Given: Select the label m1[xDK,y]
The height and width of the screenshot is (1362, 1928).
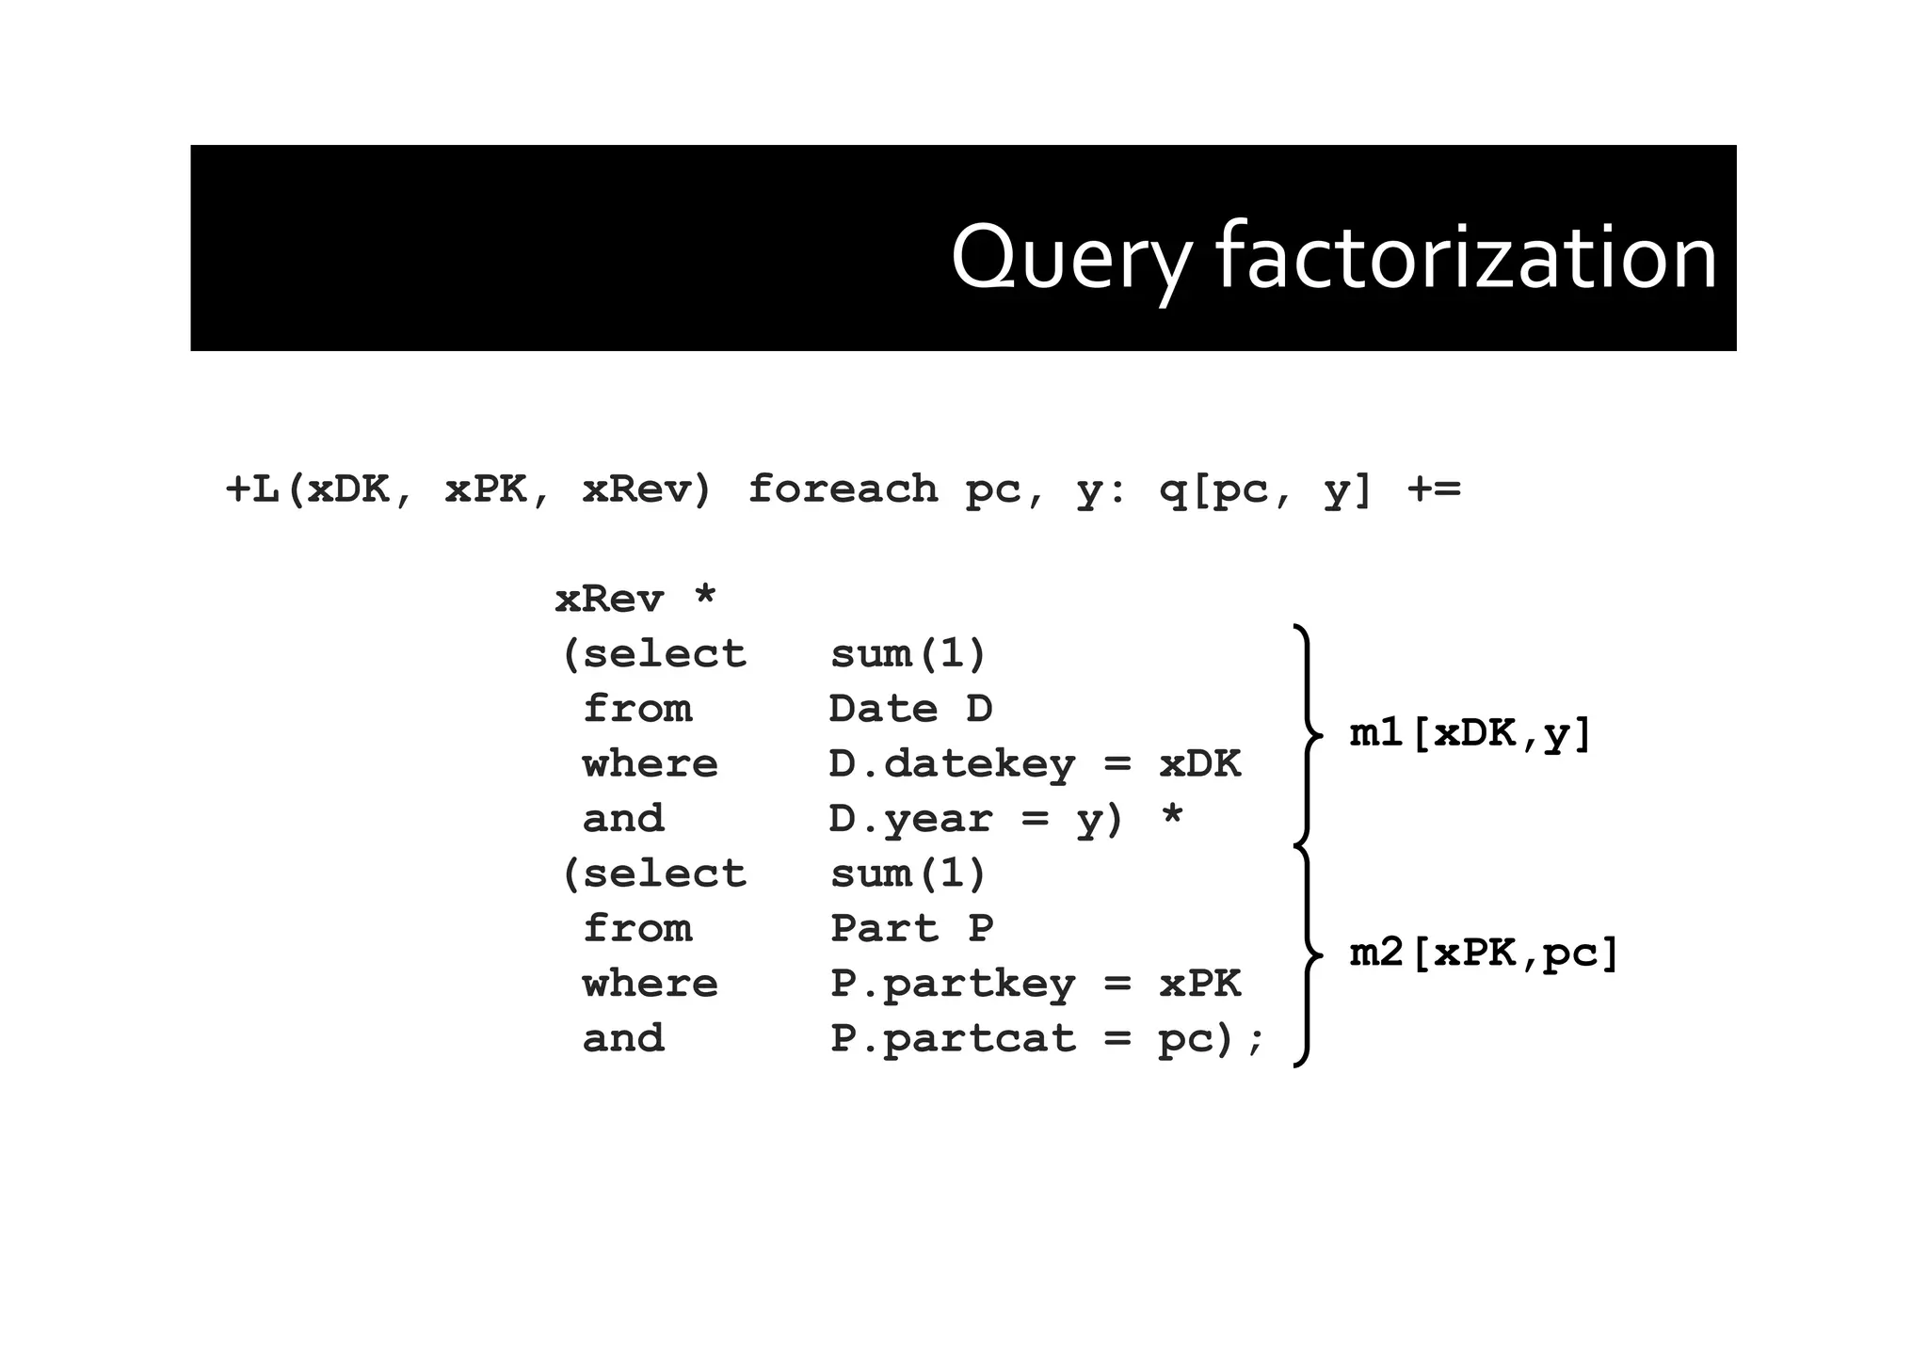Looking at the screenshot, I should click(1470, 733).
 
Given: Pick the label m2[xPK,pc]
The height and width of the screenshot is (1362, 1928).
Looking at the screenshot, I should click(1484, 953).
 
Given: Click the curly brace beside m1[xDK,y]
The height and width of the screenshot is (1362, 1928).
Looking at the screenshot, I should click(1307, 734).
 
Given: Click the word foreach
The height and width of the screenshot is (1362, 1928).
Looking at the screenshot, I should click(843, 489).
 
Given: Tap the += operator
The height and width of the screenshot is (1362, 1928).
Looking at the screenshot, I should click(1434, 489).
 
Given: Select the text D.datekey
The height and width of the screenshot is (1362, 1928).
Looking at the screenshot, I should click(951, 764).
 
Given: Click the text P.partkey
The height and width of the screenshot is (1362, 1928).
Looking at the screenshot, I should click(952, 985).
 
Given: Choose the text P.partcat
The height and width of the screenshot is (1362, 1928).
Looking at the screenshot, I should click(952, 1039).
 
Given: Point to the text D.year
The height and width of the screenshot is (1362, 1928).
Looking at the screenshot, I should click(910, 819).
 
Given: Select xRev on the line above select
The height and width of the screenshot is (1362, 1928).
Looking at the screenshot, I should click(609, 600).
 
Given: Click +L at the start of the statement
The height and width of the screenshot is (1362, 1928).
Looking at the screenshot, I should click(252, 489).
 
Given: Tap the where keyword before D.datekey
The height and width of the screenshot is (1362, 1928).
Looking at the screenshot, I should click(650, 764).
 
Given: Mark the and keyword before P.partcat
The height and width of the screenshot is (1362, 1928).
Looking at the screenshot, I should click(623, 1039).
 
